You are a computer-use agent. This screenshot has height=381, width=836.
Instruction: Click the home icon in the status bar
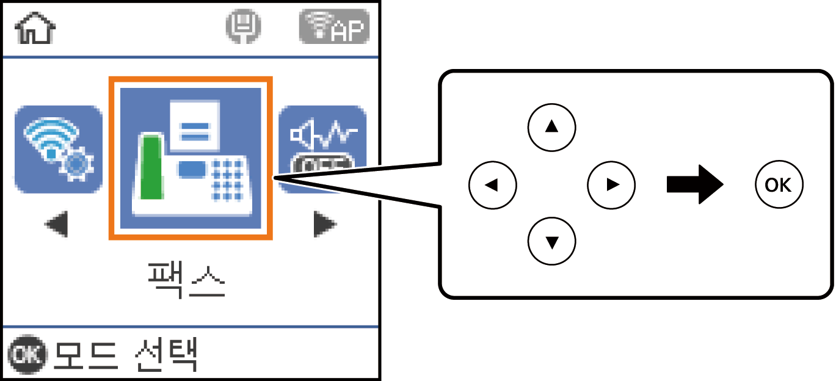(35, 29)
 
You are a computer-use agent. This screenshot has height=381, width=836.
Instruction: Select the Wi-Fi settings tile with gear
(58, 150)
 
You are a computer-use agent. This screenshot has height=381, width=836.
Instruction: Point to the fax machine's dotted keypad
(227, 180)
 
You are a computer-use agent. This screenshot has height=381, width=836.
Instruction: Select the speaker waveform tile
(322, 148)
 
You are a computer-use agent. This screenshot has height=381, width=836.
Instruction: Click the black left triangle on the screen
(57, 225)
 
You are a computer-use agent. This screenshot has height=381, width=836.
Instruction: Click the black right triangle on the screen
(324, 225)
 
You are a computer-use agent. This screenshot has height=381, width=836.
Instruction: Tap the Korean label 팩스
(187, 280)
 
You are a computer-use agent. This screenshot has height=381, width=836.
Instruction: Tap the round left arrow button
(493, 184)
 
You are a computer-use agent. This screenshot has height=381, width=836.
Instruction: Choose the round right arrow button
(611, 184)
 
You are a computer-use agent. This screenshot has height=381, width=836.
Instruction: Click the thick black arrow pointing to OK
(695, 184)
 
